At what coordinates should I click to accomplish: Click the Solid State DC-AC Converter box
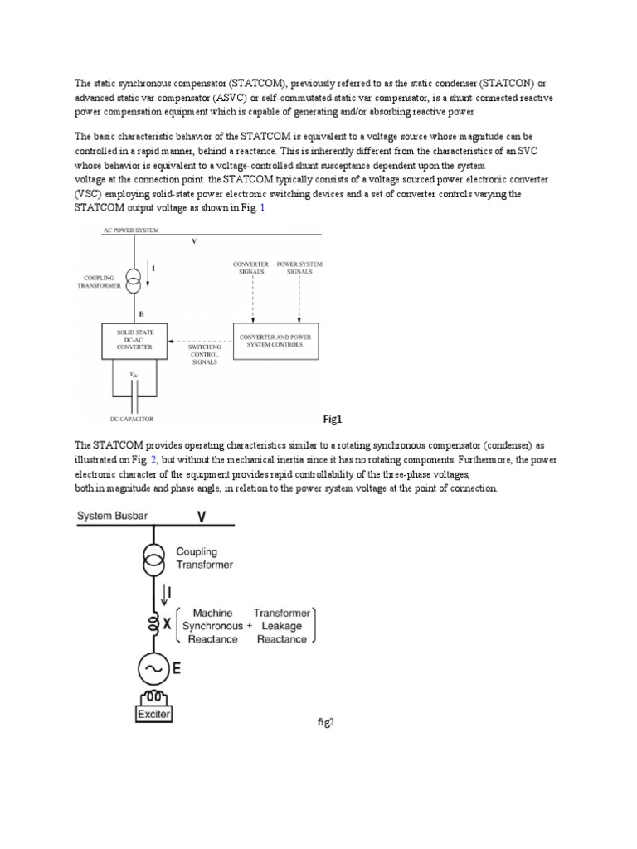(134, 339)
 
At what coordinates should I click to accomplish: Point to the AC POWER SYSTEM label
(119, 229)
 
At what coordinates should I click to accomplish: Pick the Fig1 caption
(332, 419)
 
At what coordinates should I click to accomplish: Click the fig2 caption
(324, 722)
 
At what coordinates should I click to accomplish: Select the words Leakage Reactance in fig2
(280, 633)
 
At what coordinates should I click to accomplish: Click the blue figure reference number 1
(263, 208)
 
